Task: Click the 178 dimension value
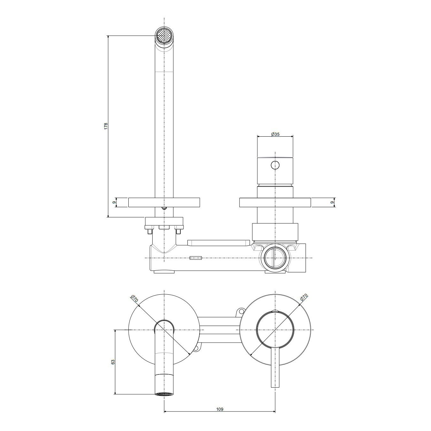click(x=106, y=126)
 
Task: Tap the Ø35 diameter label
click(x=275, y=134)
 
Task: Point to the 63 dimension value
click(x=113, y=368)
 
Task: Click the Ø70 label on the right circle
click(x=305, y=299)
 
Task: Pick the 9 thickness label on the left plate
click(x=114, y=202)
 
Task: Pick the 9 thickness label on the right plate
click(x=332, y=202)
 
